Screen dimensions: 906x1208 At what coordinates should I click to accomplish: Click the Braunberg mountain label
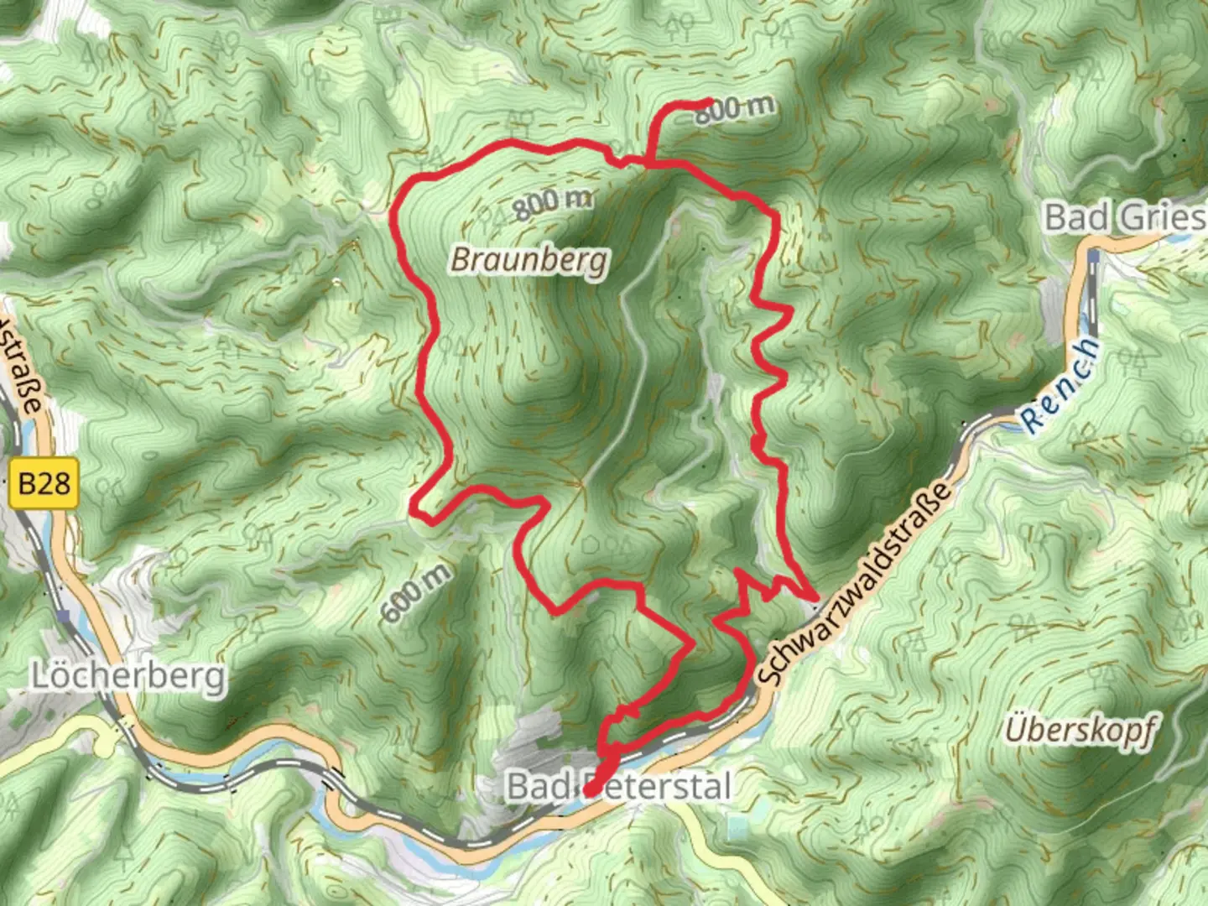528,260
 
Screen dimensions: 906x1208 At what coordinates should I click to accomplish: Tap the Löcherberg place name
129,675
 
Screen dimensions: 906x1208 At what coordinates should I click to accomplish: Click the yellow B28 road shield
44,484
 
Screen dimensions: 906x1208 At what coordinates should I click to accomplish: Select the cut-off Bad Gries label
1124,217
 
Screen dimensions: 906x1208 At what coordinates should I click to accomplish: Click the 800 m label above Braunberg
553,202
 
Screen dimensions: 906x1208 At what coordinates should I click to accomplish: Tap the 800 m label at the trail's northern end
734,109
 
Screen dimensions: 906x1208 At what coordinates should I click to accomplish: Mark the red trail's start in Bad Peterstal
589,790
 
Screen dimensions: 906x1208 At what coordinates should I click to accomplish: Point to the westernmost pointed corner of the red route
413,506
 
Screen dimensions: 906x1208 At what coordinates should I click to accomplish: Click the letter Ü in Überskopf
1016,728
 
